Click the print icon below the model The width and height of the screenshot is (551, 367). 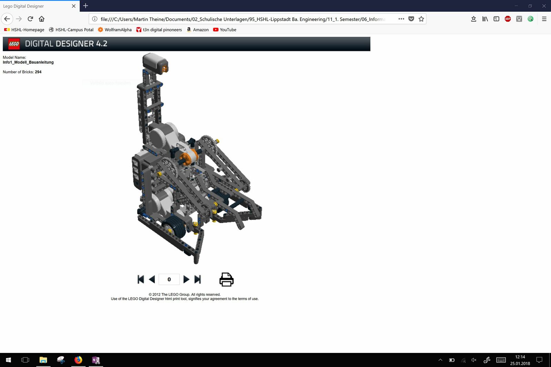226,280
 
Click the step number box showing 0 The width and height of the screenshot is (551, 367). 169,280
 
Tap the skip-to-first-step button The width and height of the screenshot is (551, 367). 141,280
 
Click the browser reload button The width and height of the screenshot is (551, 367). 30,19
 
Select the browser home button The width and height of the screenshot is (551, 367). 42,19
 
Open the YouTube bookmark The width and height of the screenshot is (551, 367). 225,30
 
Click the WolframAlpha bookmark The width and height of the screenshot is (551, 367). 115,30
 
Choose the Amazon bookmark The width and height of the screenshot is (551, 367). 197,30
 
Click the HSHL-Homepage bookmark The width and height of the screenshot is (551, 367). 24,30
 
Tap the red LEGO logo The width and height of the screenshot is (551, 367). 14,44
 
